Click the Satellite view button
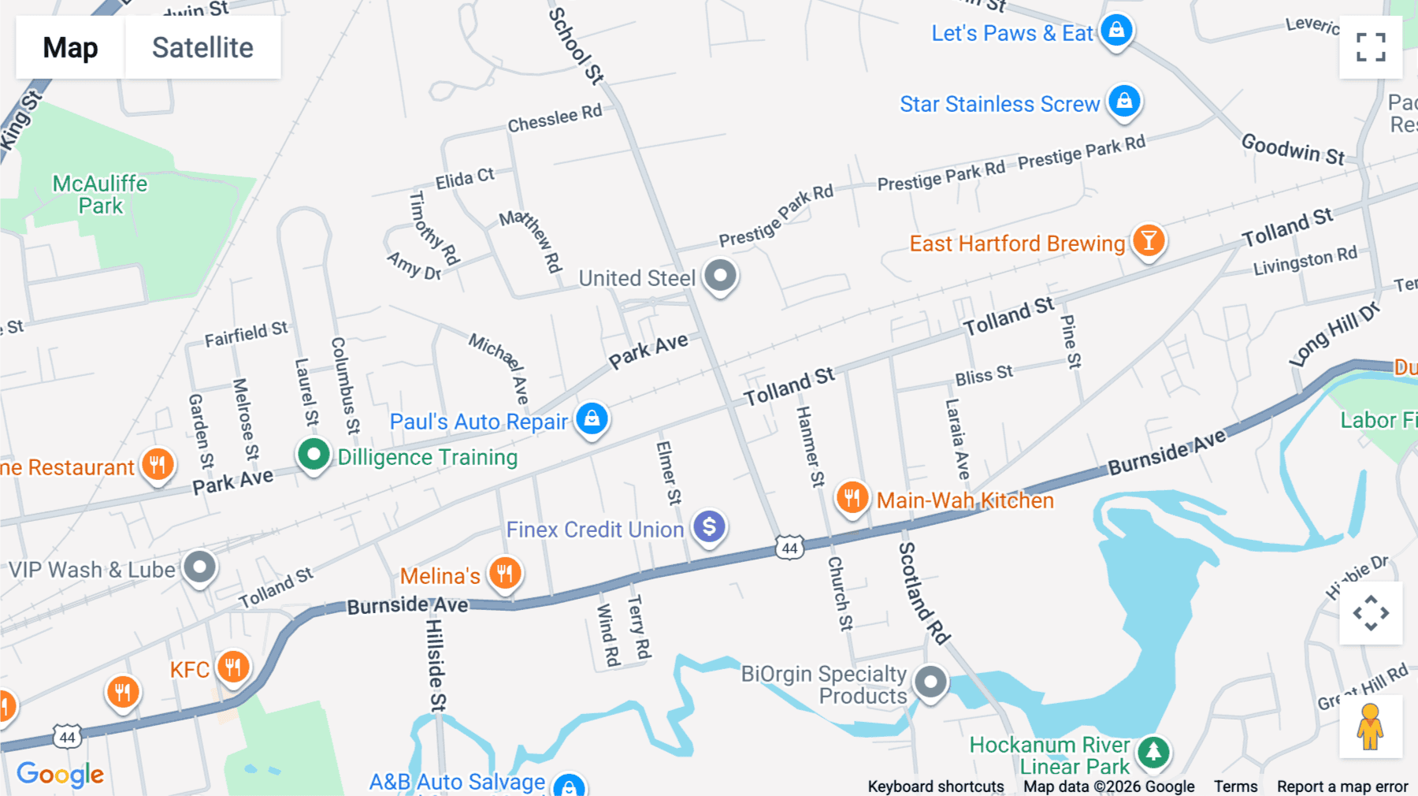click(x=202, y=47)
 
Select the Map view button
click(x=70, y=47)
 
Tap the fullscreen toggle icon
click(x=1371, y=47)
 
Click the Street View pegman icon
click(x=1371, y=727)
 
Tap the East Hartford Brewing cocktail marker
click(x=1149, y=240)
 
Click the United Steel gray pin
click(x=720, y=276)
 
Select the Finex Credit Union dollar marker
click(x=709, y=526)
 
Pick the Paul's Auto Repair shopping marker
click(x=592, y=418)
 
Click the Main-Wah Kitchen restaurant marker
click(x=852, y=498)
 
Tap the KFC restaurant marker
click(x=232, y=668)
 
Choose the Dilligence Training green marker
click(x=314, y=455)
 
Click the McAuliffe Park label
click(x=100, y=195)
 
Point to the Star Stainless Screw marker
click(x=1124, y=102)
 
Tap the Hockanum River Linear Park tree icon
click(x=1153, y=752)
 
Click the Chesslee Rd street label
click(x=555, y=119)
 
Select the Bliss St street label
click(x=983, y=375)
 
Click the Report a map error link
click(x=1342, y=787)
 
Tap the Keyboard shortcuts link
click(x=935, y=787)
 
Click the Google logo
click(x=61, y=774)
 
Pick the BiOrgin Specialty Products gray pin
click(x=930, y=682)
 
